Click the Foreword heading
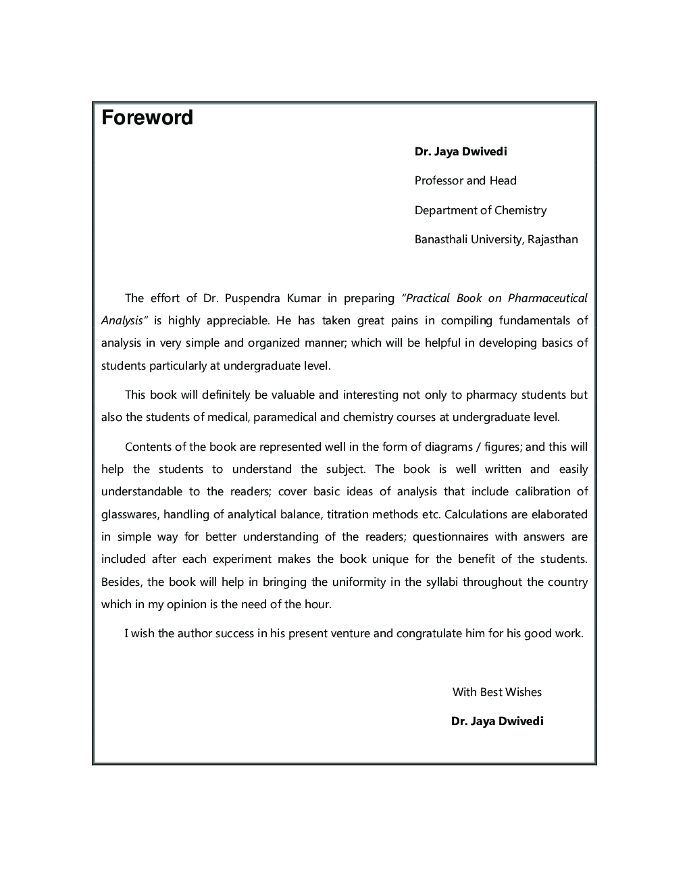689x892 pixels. (147, 118)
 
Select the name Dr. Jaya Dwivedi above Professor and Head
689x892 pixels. (461, 151)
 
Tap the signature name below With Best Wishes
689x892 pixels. (497, 721)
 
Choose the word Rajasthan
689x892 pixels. (553, 239)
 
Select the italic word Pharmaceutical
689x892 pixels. (548, 298)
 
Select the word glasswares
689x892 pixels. (130, 514)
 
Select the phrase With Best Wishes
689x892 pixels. (497, 692)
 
